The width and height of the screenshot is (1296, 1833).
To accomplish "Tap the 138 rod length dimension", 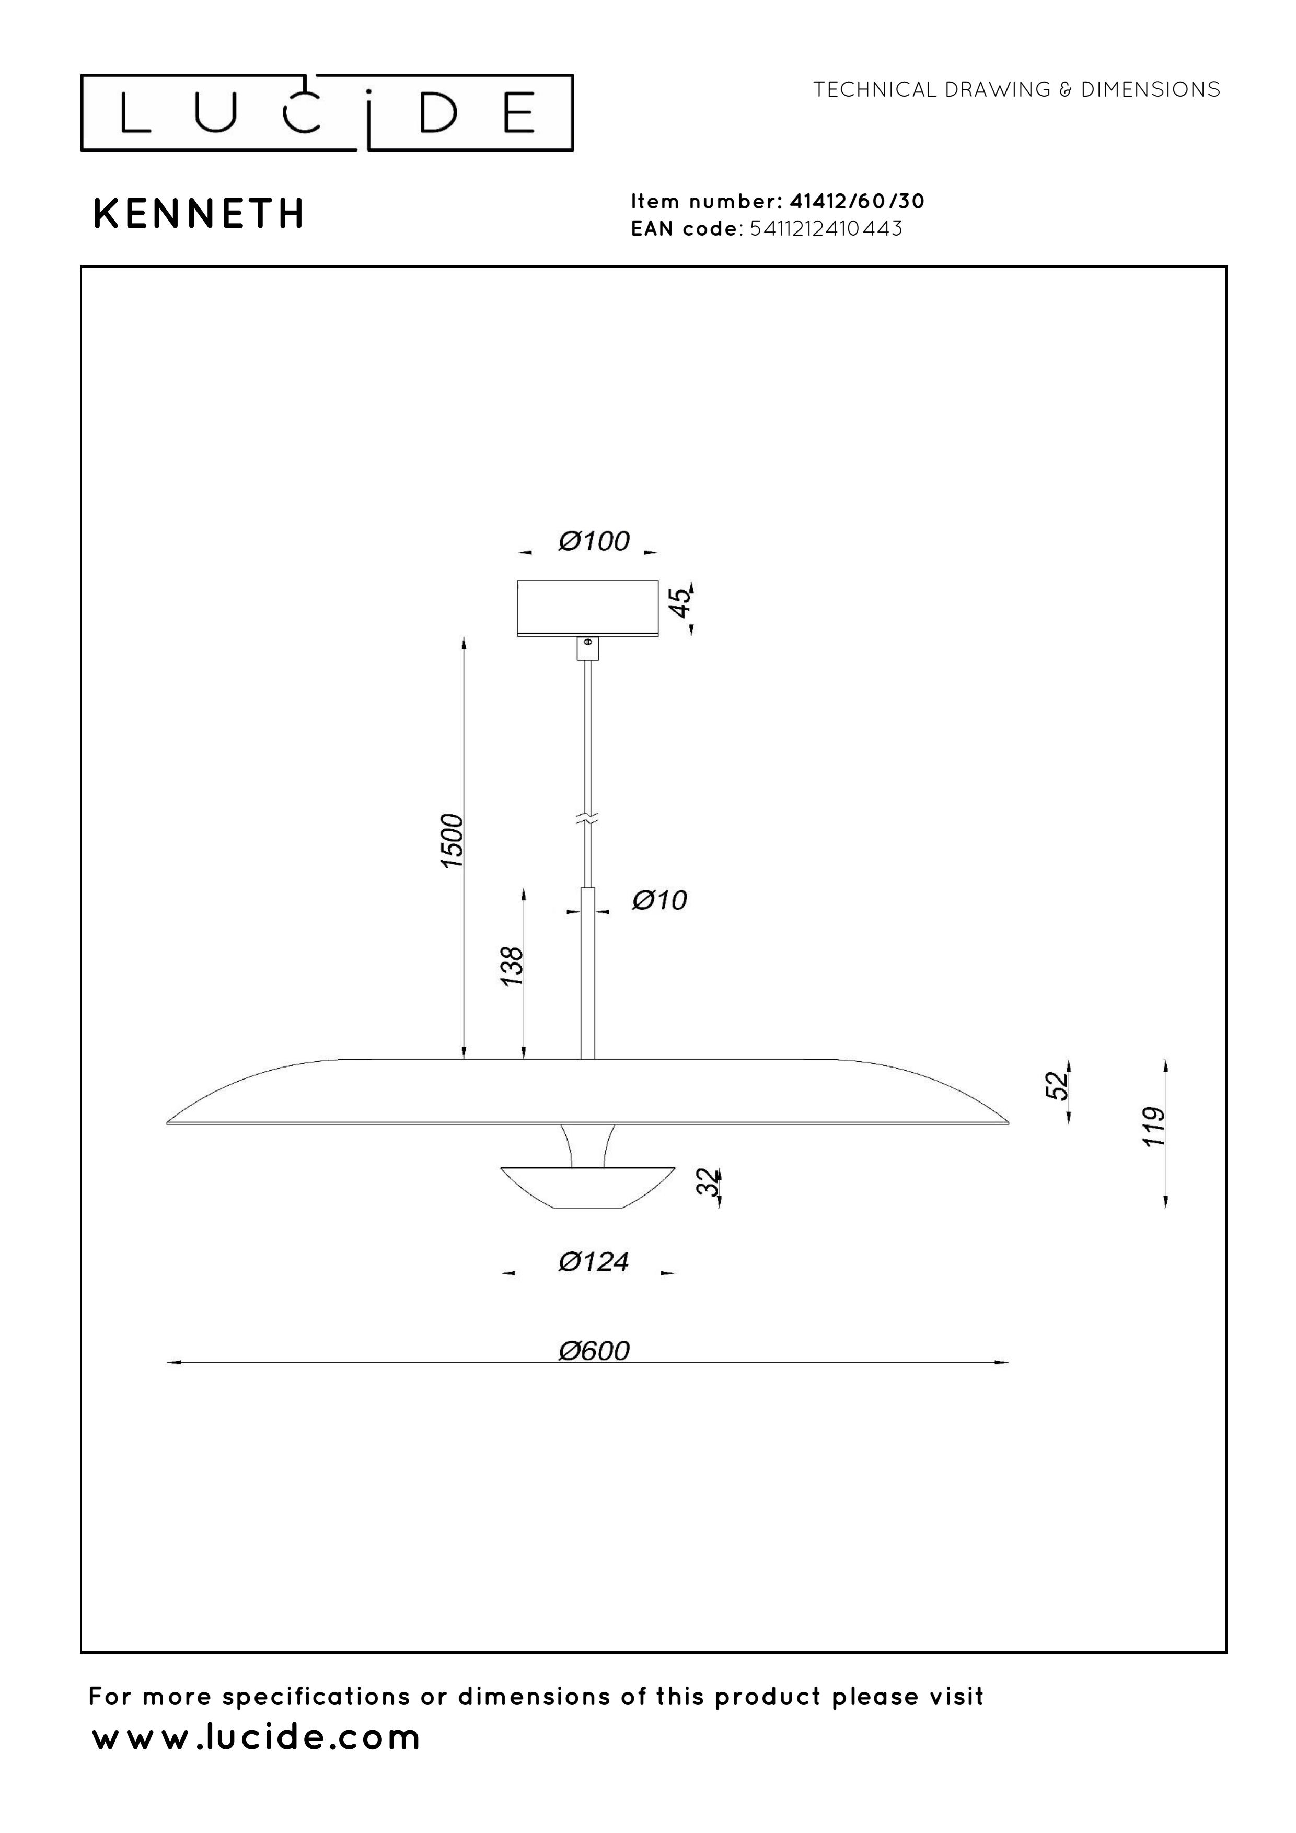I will click(x=512, y=966).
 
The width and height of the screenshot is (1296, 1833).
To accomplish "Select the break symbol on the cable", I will click(x=588, y=818).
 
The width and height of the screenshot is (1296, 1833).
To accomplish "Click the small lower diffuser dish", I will click(x=588, y=1187).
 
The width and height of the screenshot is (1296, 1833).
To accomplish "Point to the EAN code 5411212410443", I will click(x=826, y=229).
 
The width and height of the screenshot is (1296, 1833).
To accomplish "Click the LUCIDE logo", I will click(x=327, y=112).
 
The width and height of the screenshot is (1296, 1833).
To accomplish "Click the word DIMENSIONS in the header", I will click(x=1150, y=89).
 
